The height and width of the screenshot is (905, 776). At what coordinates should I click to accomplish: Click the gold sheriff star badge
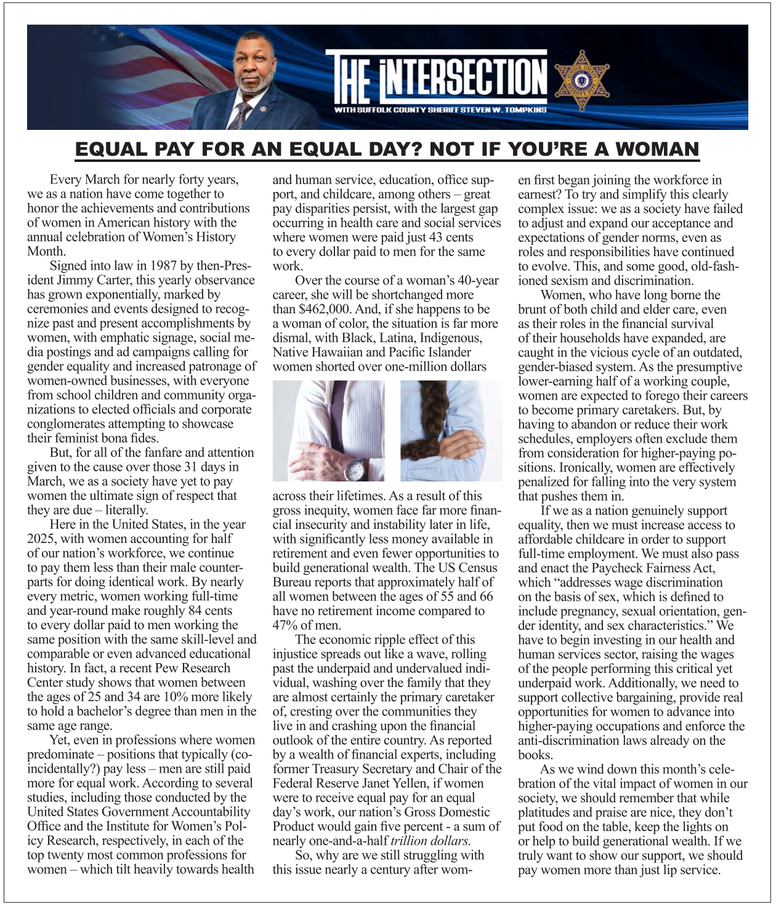pyautogui.click(x=582, y=80)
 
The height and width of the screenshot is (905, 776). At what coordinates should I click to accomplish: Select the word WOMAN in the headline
pyautogui.click(x=657, y=149)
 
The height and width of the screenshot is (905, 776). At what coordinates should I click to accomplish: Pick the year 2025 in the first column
pyautogui.click(x=42, y=539)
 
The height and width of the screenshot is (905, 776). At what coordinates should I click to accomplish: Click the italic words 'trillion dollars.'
pyautogui.click(x=430, y=841)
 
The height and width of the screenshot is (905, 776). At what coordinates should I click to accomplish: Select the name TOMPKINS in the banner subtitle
pyautogui.click(x=525, y=110)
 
